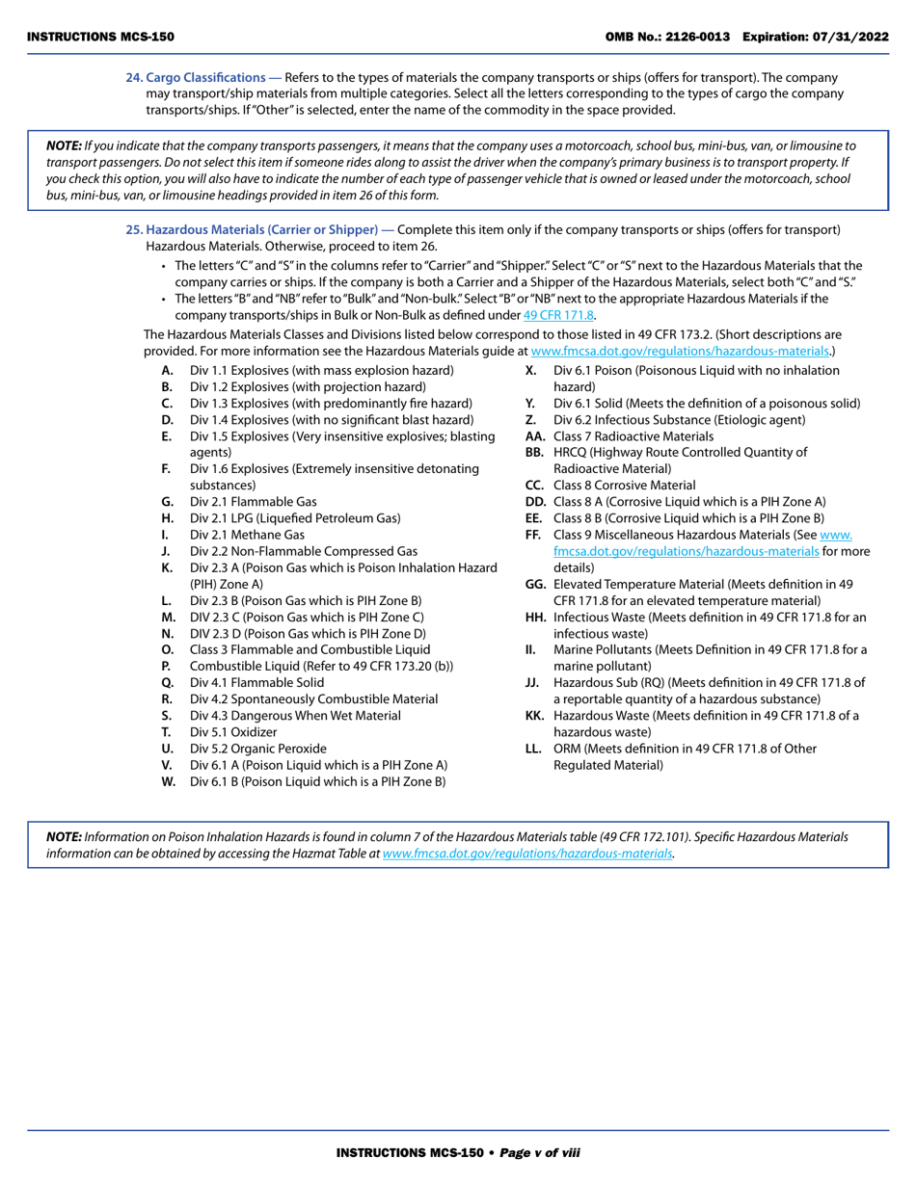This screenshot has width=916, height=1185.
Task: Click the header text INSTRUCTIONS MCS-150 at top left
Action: pyautogui.click(x=100, y=37)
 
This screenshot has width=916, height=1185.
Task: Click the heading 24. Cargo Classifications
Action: pyautogui.click(x=196, y=77)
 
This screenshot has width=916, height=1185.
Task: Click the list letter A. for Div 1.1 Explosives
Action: pyautogui.click(x=168, y=371)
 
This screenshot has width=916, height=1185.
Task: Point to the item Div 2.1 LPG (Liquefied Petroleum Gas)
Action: pyautogui.click(x=294, y=518)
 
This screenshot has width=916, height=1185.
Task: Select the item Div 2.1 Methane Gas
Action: pyautogui.click(x=247, y=535)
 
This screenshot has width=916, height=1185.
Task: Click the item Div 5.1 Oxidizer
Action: pyautogui.click(x=232, y=731)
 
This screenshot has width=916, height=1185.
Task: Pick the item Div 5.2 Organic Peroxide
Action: pyautogui.click(x=257, y=748)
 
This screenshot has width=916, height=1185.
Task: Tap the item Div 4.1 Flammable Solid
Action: pyautogui.click(x=256, y=682)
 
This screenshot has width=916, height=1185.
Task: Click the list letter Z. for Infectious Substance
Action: pyautogui.click(x=530, y=420)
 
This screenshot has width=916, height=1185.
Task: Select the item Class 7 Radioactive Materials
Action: pyautogui.click(x=633, y=436)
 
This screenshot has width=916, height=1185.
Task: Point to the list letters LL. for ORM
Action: pyautogui.click(x=534, y=748)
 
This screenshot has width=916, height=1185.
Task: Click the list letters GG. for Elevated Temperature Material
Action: pyautogui.click(x=535, y=584)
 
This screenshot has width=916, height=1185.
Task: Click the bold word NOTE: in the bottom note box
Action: pyautogui.click(x=65, y=837)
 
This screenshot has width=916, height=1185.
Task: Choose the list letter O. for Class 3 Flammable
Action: pyautogui.click(x=168, y=649)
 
